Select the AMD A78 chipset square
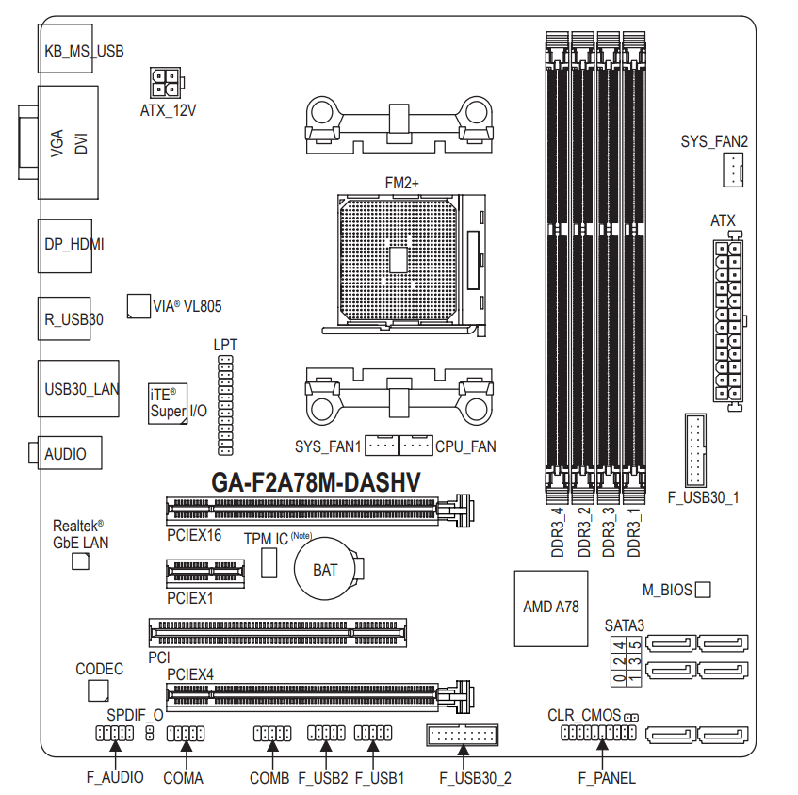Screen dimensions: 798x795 point(551,608)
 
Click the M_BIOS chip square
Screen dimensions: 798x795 point(703,590)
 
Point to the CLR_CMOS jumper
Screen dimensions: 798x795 point(631,717)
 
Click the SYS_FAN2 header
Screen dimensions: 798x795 point(732,170)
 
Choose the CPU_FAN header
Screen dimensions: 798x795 point(416,446)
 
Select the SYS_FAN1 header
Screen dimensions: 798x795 point(382,446)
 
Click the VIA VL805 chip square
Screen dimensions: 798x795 point(138,306)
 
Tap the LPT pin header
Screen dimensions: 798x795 point(225,405)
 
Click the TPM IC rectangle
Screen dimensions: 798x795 point(269,562)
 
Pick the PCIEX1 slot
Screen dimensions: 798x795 point(205,574)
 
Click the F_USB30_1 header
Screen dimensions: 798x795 point(695,450)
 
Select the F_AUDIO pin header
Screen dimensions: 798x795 point(115,734)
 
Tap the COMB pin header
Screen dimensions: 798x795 point(272,734)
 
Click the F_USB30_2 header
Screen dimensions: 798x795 point(462,735)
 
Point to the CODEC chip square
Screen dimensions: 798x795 point(98,691)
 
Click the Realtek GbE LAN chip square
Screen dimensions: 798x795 point(80,561)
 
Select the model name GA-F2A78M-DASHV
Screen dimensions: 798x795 point(316,482)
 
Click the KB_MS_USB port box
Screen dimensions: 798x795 point(65,48)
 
